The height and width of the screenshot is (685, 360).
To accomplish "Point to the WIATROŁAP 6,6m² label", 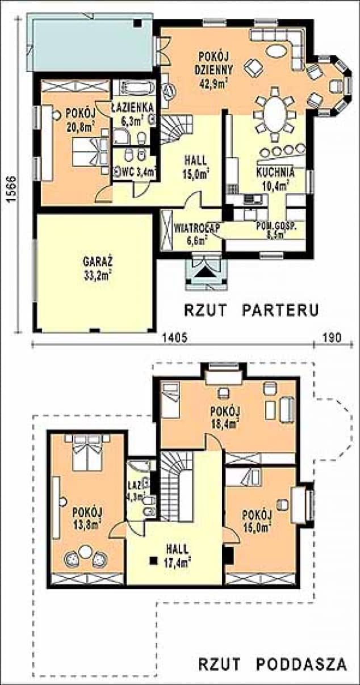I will tap(190, 233).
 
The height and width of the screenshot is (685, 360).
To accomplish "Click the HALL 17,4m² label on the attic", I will tap(178, 556).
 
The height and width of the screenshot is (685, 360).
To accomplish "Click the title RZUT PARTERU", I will tap(250, 310).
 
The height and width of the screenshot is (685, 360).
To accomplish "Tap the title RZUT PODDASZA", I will tap(272, 665).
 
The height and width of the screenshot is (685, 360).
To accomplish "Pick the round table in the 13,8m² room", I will tap(86, 551).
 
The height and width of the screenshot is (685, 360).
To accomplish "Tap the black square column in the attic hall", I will tap(153, 561).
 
